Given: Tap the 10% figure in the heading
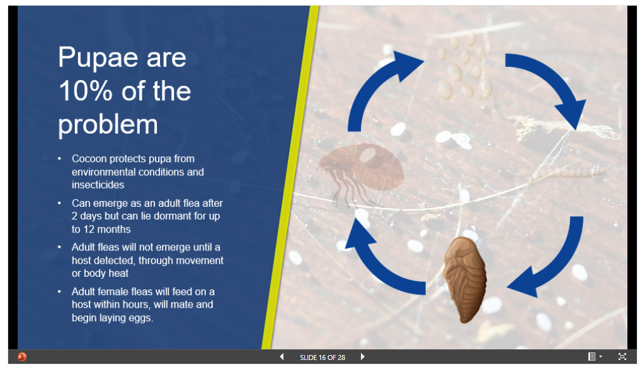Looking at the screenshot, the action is (85, 91).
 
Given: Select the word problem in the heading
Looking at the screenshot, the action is (108, 125).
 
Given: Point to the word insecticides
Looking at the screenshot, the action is (98, 185).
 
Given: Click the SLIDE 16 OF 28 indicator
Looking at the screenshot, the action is (323, 357).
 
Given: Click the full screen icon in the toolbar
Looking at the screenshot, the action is (622, 356).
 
